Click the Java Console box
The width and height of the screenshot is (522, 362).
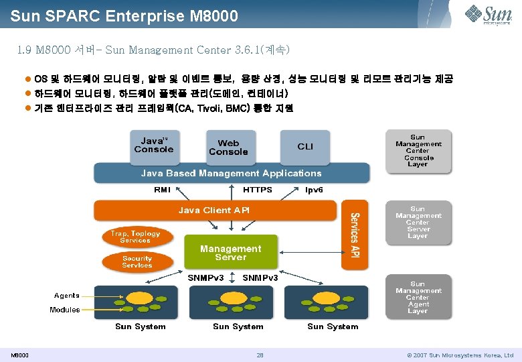153,145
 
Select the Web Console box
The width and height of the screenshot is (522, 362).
228,147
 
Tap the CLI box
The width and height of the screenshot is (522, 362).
305,146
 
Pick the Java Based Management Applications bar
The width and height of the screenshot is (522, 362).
231,173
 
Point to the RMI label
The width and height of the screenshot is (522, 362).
162,190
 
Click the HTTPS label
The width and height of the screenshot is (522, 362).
257,190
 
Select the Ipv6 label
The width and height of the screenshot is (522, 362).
314,190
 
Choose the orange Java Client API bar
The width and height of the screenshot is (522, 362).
214,210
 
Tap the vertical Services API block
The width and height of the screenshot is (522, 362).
355,235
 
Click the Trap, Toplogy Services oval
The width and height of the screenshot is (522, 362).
136,237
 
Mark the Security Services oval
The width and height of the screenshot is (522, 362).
137,261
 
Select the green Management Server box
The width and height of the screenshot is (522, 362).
231,253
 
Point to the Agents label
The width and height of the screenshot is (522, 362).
67,295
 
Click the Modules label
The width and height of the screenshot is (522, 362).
64,310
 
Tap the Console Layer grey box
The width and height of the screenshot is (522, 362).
418,150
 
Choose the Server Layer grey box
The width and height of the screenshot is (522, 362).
418,223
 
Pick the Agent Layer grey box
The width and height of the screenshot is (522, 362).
418,298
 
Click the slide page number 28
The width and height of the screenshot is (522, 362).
260,355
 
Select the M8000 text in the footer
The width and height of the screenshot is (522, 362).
19,355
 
